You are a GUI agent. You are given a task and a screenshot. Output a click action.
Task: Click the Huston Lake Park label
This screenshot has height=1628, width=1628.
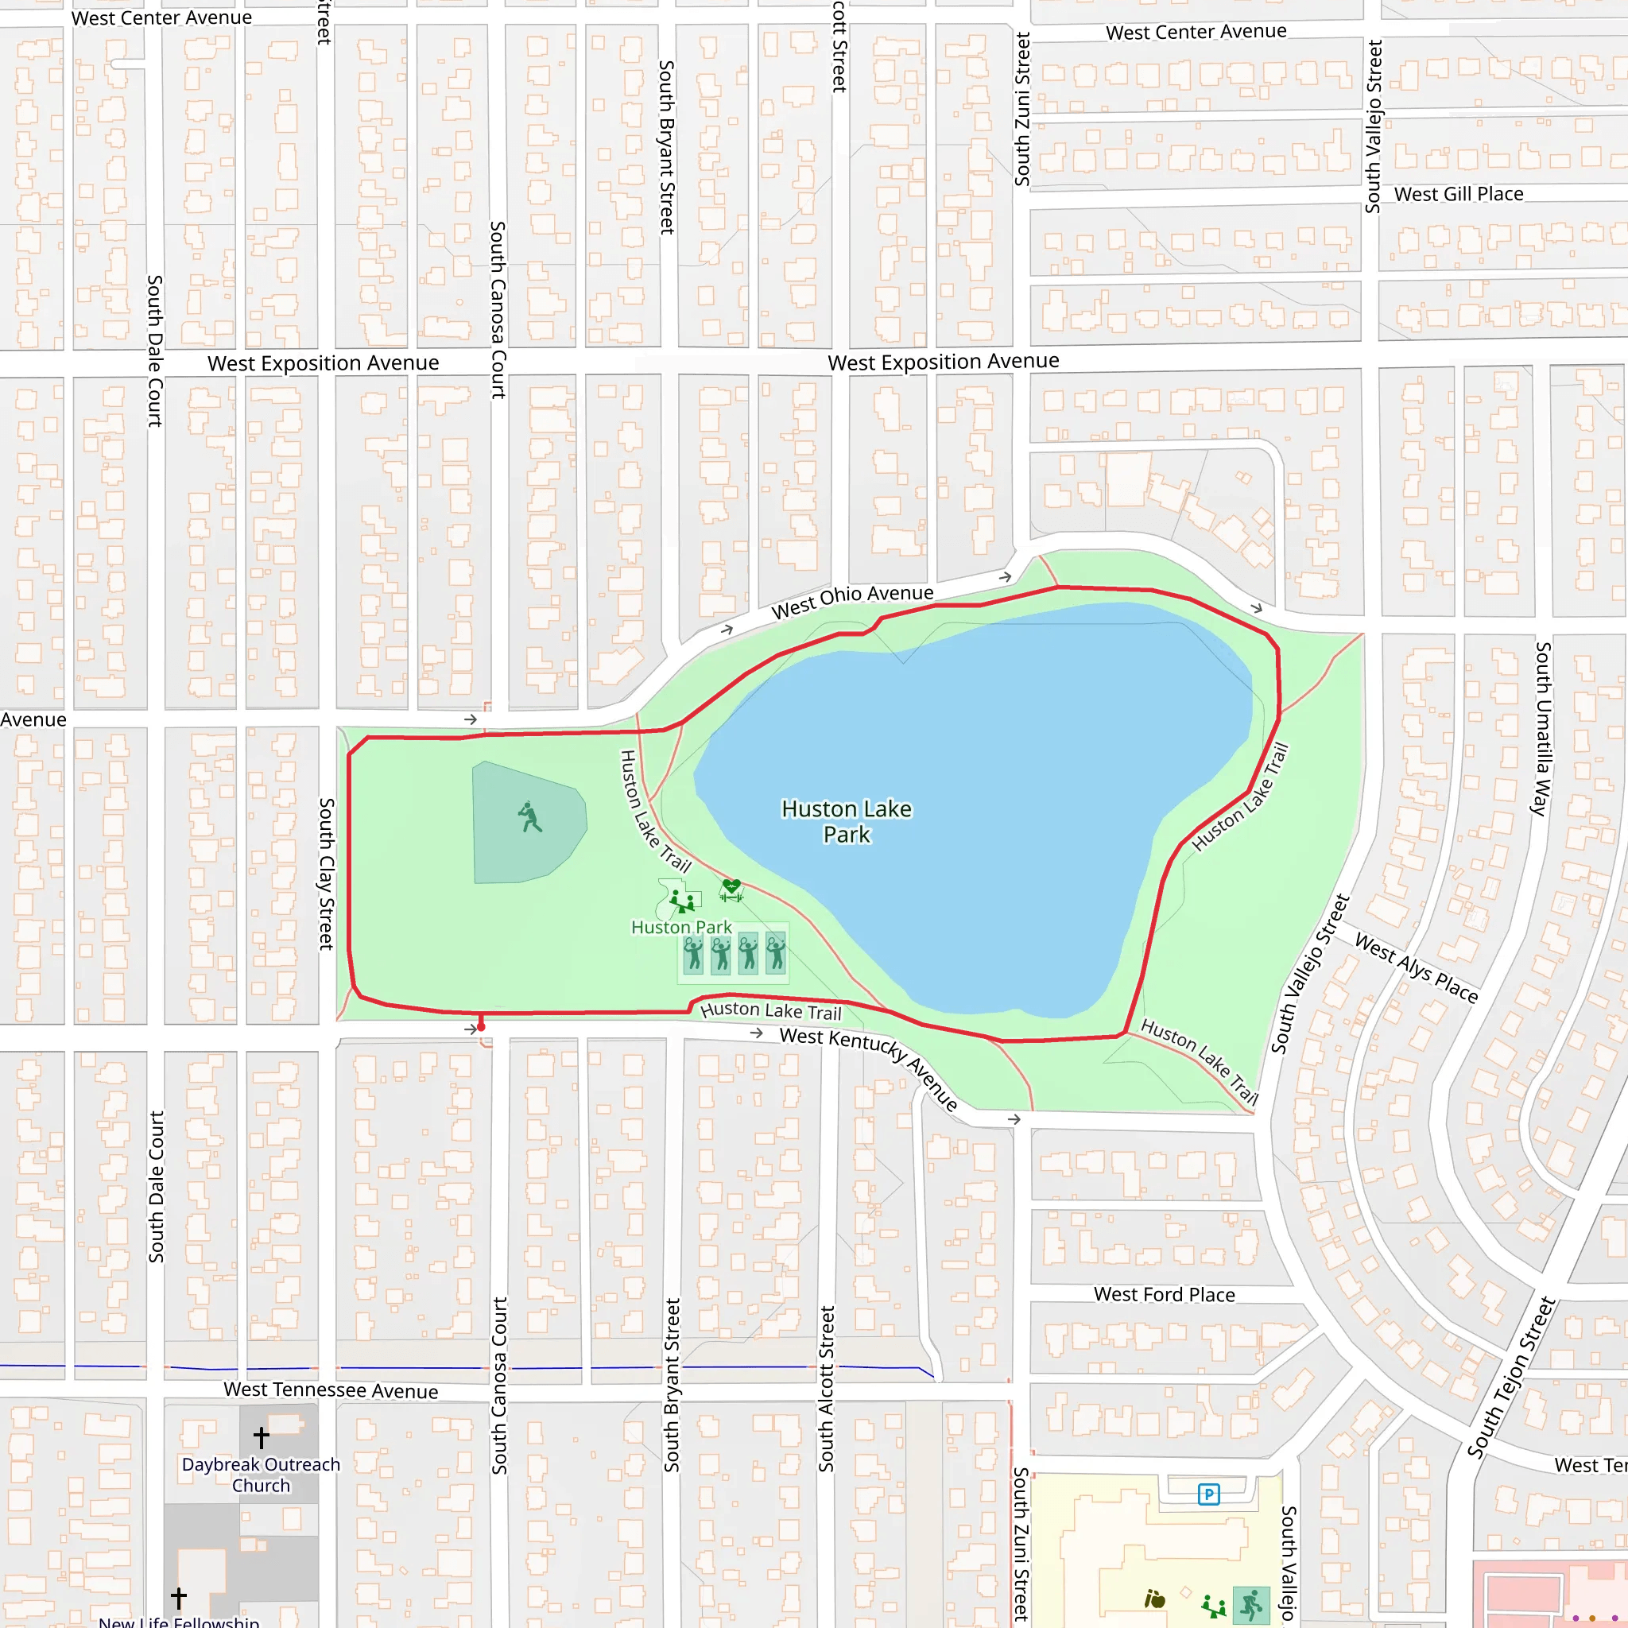coord(846,822)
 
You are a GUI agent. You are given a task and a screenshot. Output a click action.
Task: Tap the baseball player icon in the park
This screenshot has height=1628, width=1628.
coord(529,816)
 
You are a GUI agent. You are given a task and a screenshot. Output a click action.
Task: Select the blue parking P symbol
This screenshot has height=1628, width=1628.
coord(1208,1494)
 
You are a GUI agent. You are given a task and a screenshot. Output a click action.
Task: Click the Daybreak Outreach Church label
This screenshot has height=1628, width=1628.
coord(262,1475)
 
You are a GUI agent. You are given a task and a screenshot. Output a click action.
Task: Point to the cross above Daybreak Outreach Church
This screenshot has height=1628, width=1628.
coord(262,1436)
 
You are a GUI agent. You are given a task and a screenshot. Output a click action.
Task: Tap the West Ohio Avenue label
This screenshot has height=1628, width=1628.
coord(852,601)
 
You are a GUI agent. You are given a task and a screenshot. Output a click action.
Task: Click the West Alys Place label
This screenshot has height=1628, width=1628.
coord(1416,968)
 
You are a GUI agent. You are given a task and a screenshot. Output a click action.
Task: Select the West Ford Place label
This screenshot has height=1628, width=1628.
coord(1164,1294)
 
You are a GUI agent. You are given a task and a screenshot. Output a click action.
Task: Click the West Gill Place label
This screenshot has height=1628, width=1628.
coord(1459,194)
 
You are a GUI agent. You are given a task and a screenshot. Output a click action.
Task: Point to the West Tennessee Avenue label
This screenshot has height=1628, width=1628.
coord(331,1390)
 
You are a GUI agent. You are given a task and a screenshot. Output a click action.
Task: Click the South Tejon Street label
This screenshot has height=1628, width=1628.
coord(1511,1377)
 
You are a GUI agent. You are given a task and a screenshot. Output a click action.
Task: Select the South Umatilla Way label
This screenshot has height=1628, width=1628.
coord(1541,728)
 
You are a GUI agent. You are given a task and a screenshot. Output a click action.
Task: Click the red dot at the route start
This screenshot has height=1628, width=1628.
coord(481,1027)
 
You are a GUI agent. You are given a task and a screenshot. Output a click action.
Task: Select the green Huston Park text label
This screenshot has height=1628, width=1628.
coord(681,927)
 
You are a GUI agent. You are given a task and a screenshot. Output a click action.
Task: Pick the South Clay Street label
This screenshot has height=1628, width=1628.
coord(326,874)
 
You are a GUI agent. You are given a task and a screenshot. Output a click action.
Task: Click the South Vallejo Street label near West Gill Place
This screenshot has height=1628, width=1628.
coord(1374,126)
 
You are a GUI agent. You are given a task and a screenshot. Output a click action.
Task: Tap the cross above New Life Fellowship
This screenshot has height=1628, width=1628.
coord(179,1597)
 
